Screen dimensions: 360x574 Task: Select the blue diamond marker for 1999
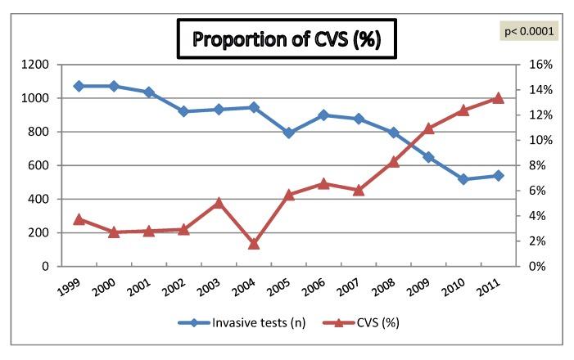point(79,86)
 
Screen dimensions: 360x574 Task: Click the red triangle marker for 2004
point(254,244)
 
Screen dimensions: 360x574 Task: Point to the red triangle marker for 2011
point(498,98)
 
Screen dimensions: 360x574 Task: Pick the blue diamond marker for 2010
point(463,179)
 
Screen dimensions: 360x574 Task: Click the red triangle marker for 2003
point(219,203)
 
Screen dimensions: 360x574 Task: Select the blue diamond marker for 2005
point(289,133)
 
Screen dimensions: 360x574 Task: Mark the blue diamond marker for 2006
point(323,115)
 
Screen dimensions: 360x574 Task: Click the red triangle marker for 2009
point(428,128)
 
